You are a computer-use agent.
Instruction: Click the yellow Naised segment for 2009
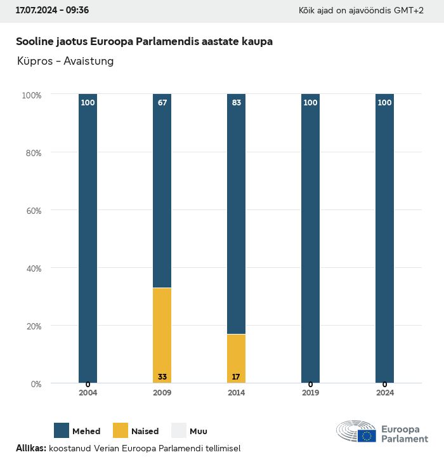pos(162,335)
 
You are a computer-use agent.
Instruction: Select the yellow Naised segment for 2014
pos(236,358)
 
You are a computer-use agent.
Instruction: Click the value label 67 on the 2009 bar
pos(162,103)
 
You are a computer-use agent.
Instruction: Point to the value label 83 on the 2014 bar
pos(236,103)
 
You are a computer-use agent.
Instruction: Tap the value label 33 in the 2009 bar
pos(162,377)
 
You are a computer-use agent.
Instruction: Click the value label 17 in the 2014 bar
pos(236,377)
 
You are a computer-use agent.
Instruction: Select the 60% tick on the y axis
pos(32,210)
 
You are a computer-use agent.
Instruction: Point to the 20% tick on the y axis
pos(32,326)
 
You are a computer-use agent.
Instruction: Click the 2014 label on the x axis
pos(236,393)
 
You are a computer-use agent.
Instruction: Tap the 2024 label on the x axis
pos(384,393)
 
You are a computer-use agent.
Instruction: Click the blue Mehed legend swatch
pos(62,430)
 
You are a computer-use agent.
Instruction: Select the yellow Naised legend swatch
pos(121,430)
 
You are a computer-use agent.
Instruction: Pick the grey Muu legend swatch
pos(179,430)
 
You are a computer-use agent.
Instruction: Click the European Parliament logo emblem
pos(356,431)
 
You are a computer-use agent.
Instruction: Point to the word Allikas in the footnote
pos(30,448)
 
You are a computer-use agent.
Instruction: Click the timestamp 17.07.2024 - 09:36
pos(52,11)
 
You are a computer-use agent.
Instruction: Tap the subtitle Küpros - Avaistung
pos(66,62)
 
